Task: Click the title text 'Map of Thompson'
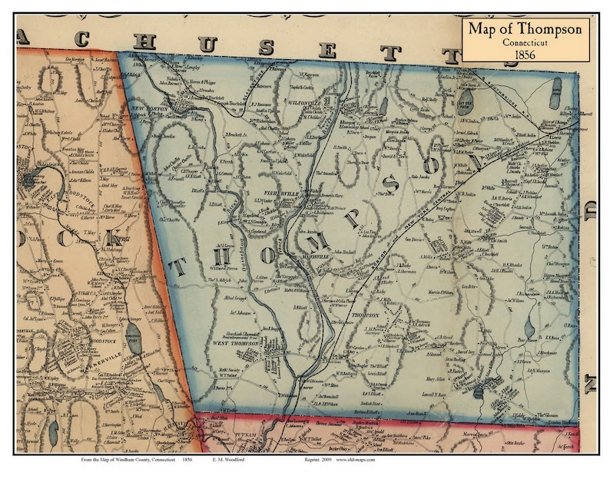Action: (x=526, y=29)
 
